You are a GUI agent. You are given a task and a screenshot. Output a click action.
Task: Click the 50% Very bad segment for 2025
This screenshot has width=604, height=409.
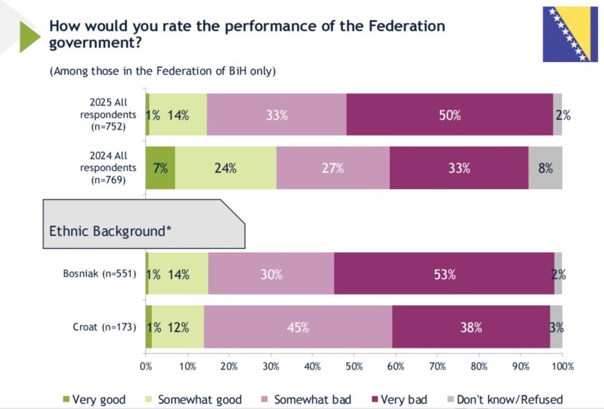pos(450,115)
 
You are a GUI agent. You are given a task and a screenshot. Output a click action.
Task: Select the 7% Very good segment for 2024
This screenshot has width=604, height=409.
pos(160,168)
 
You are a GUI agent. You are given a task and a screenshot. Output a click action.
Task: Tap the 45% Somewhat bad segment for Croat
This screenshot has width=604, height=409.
pos(298,327)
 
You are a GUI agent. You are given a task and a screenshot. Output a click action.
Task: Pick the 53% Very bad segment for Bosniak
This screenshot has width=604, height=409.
pos(444,274)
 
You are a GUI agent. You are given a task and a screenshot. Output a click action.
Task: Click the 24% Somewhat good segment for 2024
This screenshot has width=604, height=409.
pos(226,168)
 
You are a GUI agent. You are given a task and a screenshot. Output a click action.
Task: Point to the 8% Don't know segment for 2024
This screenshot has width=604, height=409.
pos(545,168)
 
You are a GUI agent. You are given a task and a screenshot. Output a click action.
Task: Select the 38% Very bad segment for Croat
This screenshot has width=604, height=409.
pos(471,327)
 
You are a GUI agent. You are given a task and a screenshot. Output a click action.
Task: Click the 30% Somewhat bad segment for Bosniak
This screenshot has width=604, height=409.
pos(271,274)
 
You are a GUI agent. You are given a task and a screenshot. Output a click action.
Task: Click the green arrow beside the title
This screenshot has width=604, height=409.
pos(30,36)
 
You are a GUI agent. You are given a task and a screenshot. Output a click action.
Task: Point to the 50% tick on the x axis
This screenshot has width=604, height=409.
pos(354,366)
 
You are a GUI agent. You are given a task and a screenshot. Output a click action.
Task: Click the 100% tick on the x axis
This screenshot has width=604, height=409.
pos(563,366)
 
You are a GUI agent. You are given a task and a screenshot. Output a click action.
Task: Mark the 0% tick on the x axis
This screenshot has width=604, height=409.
pos(146,366)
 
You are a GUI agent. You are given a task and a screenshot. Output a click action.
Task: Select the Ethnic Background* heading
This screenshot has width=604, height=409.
pos(110,231)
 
